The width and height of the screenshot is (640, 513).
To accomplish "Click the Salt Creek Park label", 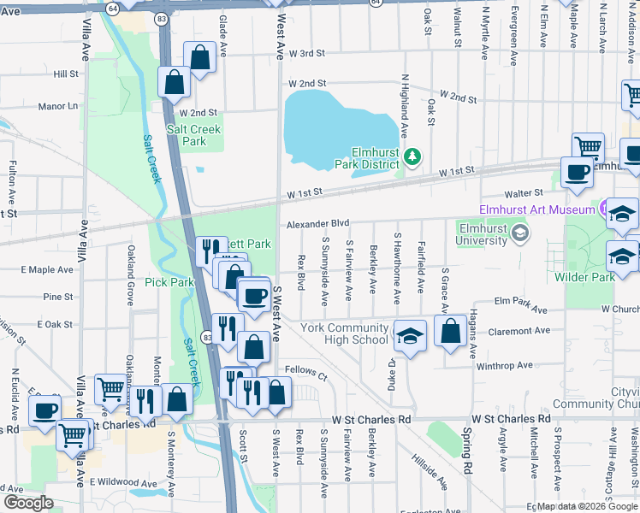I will click(193, 135).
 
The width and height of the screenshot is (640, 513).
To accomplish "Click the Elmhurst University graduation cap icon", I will click(519, 233).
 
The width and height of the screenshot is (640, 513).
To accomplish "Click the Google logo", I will click(28, 502).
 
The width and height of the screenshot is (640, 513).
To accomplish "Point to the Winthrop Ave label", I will click(505, 365).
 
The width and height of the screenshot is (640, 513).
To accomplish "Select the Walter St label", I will click(524, 193).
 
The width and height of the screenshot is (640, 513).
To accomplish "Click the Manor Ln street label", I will click(57, 107).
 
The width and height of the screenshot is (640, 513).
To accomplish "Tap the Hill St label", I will click(65, 74).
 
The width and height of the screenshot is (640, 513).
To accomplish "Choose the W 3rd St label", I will click(306, 53).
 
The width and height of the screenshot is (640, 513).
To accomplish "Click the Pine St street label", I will click(57, 297).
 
